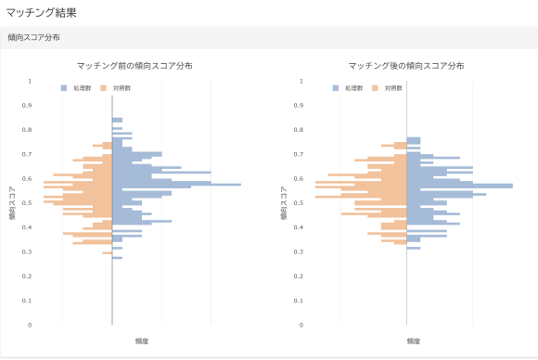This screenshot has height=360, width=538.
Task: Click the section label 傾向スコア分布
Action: point(34,39)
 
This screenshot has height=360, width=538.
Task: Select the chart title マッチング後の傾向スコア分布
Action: point(406,66)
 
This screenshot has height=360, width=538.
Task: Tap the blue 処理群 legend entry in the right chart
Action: point(348,87)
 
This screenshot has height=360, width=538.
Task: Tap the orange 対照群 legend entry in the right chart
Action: point(388,87)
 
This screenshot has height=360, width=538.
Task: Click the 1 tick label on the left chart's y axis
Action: point(30,82)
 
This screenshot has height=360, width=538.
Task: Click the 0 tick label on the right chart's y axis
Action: point(302,325)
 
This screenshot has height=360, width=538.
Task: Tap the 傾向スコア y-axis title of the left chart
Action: point(12,203)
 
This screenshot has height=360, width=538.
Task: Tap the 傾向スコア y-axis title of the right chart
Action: point(284,203)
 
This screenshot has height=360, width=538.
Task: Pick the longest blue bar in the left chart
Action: point(176,185)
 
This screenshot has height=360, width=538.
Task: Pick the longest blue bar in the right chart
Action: point(459,186)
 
